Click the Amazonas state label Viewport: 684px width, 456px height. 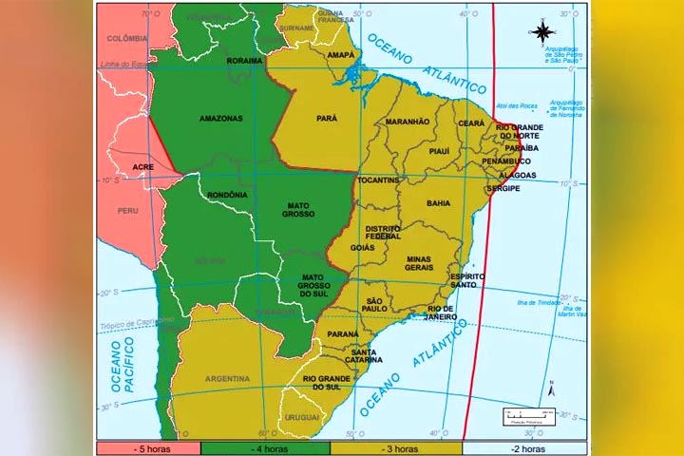tap(220, 119)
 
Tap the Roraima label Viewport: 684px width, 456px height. tap(243, 61)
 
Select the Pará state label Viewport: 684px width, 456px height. tap(328, 119)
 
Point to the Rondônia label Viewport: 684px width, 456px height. tap(227, 195)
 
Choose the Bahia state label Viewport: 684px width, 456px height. tap(439, 203)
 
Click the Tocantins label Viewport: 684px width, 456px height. tap(378, 180)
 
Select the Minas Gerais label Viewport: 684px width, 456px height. tap(418, 263)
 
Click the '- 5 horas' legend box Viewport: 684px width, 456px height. tap(147, 448)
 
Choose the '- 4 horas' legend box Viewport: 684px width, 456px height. tap(265, 448)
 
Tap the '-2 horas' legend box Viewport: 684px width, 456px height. tap(524, 448)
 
